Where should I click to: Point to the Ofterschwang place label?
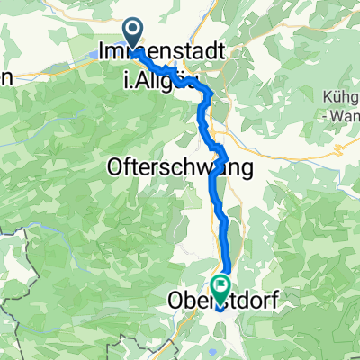coord(176,167)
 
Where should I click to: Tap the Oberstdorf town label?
coord(220,301)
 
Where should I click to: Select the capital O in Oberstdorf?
coord(174,301)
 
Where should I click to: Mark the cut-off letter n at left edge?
coord(4,79)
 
